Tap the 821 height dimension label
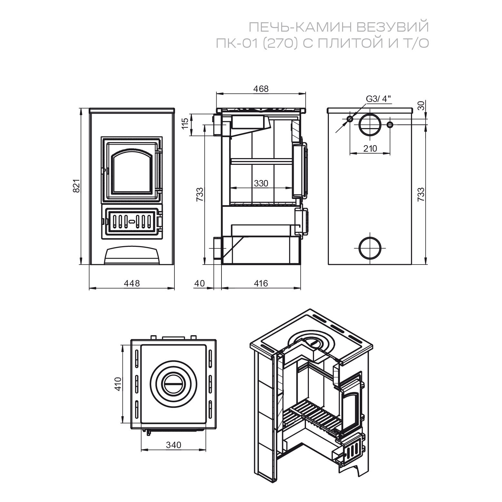click(76, 186)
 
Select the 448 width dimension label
click(132, 283)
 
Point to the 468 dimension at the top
click(261, 89)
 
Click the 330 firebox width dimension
click(261, 183)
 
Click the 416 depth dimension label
click(261, 283)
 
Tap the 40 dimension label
click(200, 283)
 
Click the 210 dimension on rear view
click(370, 148)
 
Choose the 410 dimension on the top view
click(118, 384)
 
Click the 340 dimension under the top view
click(173, 445)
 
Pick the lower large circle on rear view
click(370, 248)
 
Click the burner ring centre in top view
click(173, 384)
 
